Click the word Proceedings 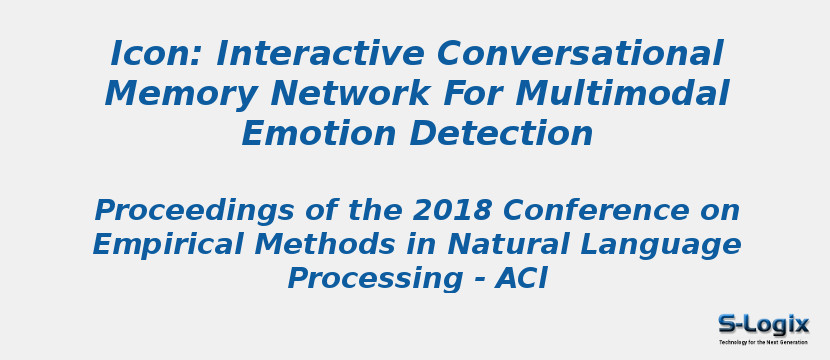(x=192, y=211)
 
